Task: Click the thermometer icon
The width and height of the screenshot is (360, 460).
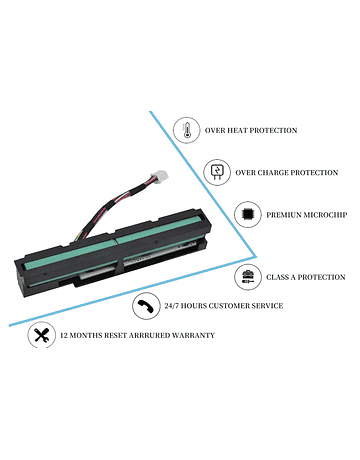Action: pos(186,131)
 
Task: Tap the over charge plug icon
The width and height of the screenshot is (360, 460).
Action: pos(217,172)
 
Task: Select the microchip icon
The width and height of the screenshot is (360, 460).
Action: pos(247,214)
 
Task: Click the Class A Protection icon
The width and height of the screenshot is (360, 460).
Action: pos(248,277)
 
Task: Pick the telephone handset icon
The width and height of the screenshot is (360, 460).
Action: pos(145,306)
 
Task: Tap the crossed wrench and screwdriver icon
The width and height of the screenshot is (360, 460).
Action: pos(41,335)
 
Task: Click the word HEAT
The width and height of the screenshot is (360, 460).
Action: pos(237,130)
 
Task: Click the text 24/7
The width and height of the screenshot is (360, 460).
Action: pos(171,306)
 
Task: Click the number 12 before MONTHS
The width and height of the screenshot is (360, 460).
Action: pos(64,335)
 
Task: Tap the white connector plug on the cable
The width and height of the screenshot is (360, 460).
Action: pos(159,176)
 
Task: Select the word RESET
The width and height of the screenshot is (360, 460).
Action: pos(116,335)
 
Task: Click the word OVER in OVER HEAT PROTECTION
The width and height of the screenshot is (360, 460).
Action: pos(215,130)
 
